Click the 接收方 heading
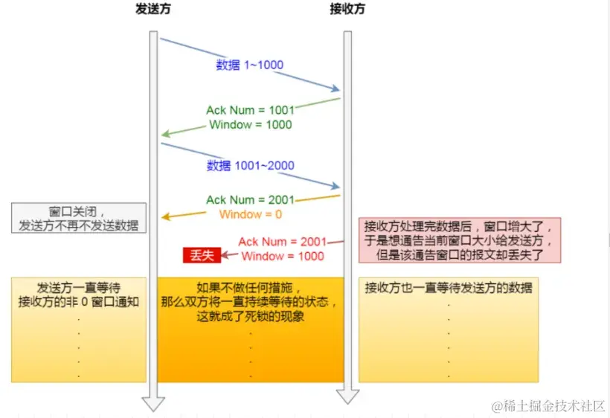tap(347, 10)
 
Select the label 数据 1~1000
tap(249, 65)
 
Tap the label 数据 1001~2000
tap(250, 165)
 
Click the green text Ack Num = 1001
tap(250, 110)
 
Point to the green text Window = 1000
tap(250, 124)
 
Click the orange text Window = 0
tap(251, 214)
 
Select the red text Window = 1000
tap(283, 256)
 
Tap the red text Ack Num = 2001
tap(282, 242)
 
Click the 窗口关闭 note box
tap(78, 218)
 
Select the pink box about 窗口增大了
tap(460, 240)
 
